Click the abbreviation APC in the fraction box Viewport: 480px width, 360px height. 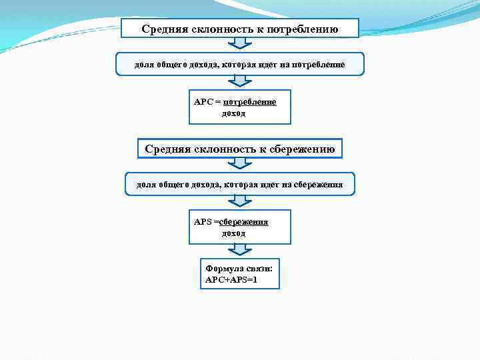click(202, 102)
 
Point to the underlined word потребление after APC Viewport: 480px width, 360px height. click(250, 102)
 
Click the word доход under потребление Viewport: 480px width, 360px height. click(233, 113)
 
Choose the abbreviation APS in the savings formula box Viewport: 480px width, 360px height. click(202, 221)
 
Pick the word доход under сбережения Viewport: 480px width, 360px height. click(233, 233)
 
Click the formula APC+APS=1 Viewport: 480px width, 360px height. click(231, 280)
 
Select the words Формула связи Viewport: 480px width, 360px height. click(239, 269)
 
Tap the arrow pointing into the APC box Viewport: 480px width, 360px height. click(240, 81)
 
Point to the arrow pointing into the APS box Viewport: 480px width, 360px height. click(240, 201)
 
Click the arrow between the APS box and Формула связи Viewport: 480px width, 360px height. click(240, 250)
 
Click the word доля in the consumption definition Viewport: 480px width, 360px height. click(135, 65)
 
